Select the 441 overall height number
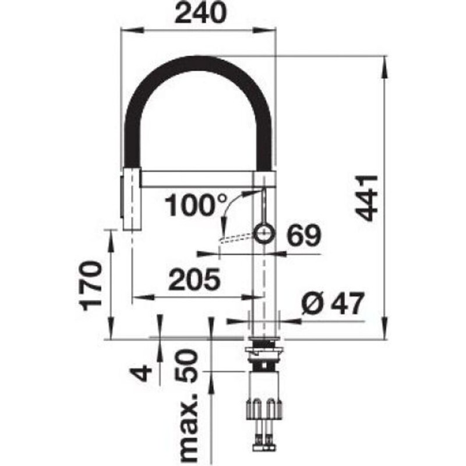(x=366, y=198)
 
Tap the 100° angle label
(x=196, y=205)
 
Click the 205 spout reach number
(x=195, y=279)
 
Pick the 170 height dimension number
(x=92, y=285)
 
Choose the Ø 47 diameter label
(x=333, y=302)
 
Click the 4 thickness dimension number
(x=140, y=373)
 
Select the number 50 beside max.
(x=186, y=366)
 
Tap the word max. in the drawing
(x=188, y=428)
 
